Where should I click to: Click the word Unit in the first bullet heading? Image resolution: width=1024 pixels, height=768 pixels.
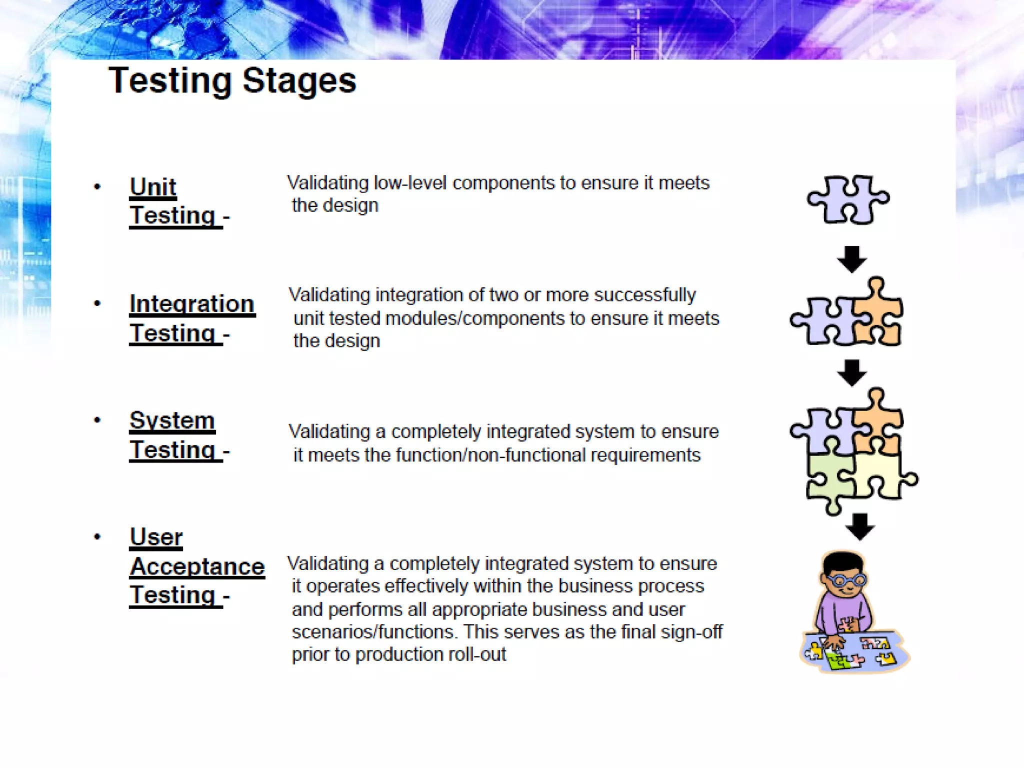pyautogui.click(x=153, y=187)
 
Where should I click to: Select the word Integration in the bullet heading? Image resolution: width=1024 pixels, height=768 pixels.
pyautogui.click(x=192, y=304)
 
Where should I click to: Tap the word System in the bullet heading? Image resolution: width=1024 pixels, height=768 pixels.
pyautogui.click(x=172, y=420)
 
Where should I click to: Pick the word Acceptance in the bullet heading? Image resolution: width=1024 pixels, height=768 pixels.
pyautogui.click(x=197, y=566)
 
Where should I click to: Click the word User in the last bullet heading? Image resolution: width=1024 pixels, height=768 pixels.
pyautogui.click(x=156, y=537)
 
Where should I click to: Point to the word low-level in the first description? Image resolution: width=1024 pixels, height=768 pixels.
pyautogui.click(x=410, y=183)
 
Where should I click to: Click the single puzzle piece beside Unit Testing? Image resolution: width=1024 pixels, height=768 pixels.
pyautogui.click(x=847, y=199)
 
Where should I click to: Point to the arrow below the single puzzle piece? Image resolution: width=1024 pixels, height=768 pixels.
pyautogui.click(x=851, y=258)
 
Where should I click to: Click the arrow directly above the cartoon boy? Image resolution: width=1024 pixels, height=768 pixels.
pyautogui.click(x=860, y=526)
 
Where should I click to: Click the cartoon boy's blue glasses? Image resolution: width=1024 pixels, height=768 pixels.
pyautogui.click(x=845, y=580)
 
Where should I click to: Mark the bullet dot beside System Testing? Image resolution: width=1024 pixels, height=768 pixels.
pyautogui.click(x=97, y=420)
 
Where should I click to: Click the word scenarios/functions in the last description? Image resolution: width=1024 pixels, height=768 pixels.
pyautogui.click(x=373, y=632)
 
